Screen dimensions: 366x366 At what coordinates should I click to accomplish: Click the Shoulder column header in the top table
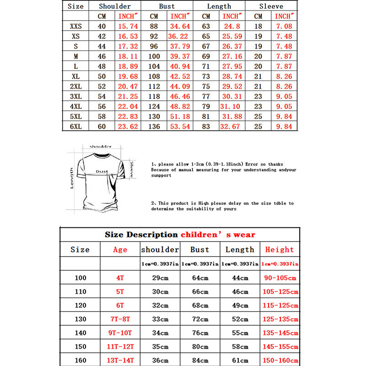[115, 6]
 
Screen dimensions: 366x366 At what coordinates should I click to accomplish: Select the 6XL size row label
[76, 126]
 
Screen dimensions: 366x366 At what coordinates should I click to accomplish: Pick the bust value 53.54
[179, 126]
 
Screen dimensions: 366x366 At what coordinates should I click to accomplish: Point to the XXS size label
[76, 27]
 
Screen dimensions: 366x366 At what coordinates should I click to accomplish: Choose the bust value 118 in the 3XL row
[154, 96]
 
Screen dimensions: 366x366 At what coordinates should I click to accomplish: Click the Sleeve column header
[271, 6]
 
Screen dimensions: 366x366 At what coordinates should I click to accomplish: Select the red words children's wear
[218, 235]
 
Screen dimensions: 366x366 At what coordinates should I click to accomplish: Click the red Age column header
[120, 250]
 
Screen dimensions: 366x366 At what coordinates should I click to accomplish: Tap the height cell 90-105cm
[280, 278]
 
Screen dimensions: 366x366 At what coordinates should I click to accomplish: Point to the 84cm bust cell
[199, 360]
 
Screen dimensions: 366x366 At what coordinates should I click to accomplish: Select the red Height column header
[279, 250]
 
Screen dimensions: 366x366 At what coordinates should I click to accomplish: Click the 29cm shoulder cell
[160, 278]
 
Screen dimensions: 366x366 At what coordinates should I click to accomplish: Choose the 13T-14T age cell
[120, 360]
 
